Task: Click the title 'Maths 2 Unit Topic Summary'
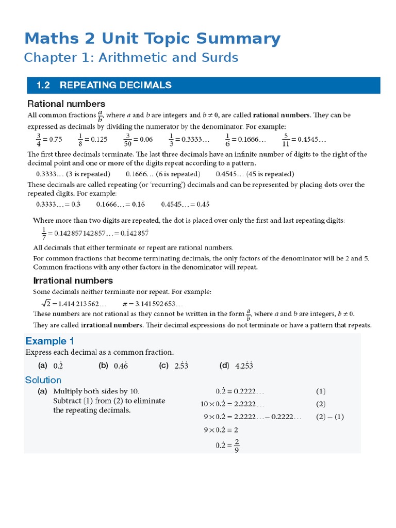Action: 152,39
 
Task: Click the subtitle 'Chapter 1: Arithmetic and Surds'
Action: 131,58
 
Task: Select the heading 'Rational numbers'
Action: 66,104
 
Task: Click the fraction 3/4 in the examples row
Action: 38,139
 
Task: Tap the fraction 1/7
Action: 44,233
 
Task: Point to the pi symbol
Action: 125,304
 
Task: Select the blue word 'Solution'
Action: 43,380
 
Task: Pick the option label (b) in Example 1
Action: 103,366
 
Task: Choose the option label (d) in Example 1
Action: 224,366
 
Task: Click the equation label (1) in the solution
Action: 321,391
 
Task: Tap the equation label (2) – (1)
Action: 329,417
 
